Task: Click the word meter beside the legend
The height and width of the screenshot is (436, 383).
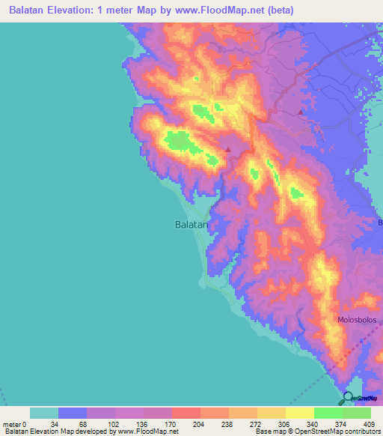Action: [x=13, y=424]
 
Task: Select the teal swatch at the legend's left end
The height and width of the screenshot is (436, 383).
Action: [x=44, y=413]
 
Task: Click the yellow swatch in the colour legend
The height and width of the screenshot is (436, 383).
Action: [x=299, y=413]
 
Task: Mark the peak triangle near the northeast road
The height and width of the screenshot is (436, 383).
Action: [x=301, y=112]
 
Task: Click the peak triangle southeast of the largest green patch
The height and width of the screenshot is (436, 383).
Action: [x=228, y=149]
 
